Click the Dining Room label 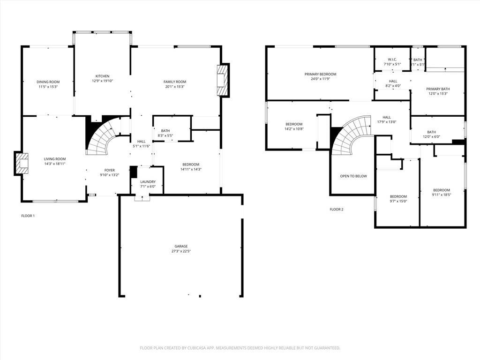pos(48,82)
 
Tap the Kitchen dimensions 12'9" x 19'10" pos(102,81)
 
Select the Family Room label pos(175,82)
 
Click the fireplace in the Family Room pos(222,80)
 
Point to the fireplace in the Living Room pos(21,163)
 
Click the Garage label pos(181,246)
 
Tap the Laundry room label pos(148,182)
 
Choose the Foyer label pos(109,170)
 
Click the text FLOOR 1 pos(28,216)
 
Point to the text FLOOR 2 pos(336,209)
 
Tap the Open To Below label pos(353,176)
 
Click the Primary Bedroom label pos(320,74)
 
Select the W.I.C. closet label pos(392,60)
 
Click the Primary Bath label pos(437,89)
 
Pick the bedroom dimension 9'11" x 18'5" pos(442,195)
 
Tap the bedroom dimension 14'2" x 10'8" pos(294,129)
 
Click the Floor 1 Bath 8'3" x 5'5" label pos(165,136)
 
